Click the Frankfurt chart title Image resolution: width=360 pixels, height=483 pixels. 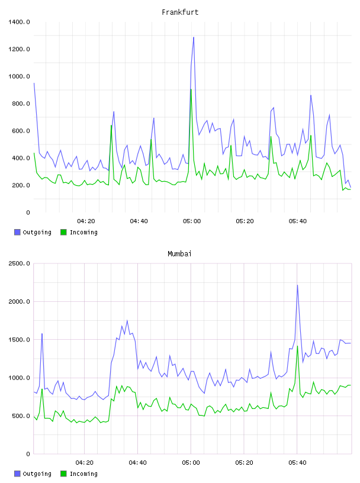tap(180, 12)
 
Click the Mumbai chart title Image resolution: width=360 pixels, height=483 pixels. tap(179, 254)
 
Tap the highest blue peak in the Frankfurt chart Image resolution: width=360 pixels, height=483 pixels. tap(194, 37)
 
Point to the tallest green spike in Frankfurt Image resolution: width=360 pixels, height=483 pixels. tap(191, 89)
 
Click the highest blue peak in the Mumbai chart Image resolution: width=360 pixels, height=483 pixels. tap(297, 285)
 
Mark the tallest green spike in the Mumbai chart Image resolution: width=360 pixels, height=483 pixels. tap(297, 346)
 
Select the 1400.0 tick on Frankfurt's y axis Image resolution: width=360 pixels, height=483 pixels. tap(19, 22)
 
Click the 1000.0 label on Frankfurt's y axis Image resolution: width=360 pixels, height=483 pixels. tap(19, 76)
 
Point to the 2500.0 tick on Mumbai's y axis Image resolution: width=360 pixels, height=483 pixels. tap(19, 263)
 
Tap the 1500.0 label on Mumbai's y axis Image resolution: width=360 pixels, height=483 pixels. tap(19, 339)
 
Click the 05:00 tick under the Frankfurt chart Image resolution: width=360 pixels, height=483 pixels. tap(192, 221)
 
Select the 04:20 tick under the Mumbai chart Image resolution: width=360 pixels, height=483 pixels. tap(85, 463)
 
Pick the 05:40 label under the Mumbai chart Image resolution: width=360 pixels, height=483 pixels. tap(297, 463)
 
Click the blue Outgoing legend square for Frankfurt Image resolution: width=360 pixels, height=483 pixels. tap(17, 232)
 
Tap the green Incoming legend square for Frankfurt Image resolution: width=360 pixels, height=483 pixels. tap(63, 232)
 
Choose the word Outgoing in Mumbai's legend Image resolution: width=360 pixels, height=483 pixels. tap(37, 474)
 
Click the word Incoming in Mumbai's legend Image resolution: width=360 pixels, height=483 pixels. tap(83, 474)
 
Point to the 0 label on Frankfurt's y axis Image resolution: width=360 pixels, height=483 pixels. tap(28, 212)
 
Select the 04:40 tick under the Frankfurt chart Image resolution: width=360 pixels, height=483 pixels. tap(139, 221)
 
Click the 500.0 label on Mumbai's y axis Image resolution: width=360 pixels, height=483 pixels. tap(21, 416)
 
